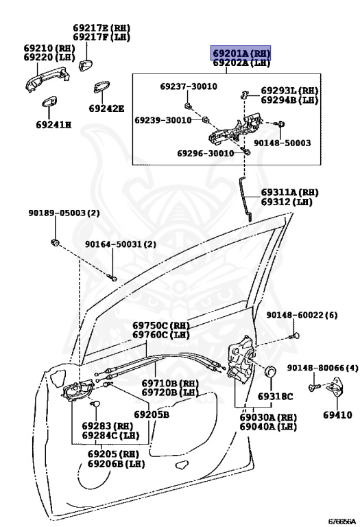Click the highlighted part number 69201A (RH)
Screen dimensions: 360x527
(x=241, y=53)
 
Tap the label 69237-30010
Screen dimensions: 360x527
(x=189, y=86)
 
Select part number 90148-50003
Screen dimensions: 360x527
(x=282, y=143)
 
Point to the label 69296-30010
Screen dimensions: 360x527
(x=205, y=153)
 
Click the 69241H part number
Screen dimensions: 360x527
(x=53, y=125)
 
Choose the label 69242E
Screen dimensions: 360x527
(x=106, y=108)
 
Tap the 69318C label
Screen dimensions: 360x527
(x=276, y=397)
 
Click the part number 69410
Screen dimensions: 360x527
(x=337, y=414)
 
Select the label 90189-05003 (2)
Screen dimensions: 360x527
(x=64, y=213)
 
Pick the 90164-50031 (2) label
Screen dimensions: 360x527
(x=120, y=244)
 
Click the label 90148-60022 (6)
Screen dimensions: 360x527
(x=302, y=315)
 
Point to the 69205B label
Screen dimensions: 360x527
(x=152, y=414)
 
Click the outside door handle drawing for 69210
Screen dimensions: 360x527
(x=47, y=80)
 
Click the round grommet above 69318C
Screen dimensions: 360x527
(x=270, y=372)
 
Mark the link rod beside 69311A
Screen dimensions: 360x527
(x=245, y=198)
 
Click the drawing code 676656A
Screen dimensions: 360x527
(x=341, y=522)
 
